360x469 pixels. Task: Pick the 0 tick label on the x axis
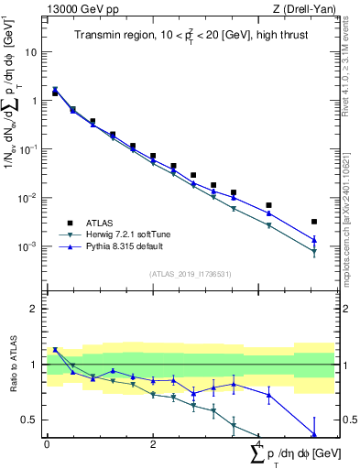pyautogui.click(x=47, y=444)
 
